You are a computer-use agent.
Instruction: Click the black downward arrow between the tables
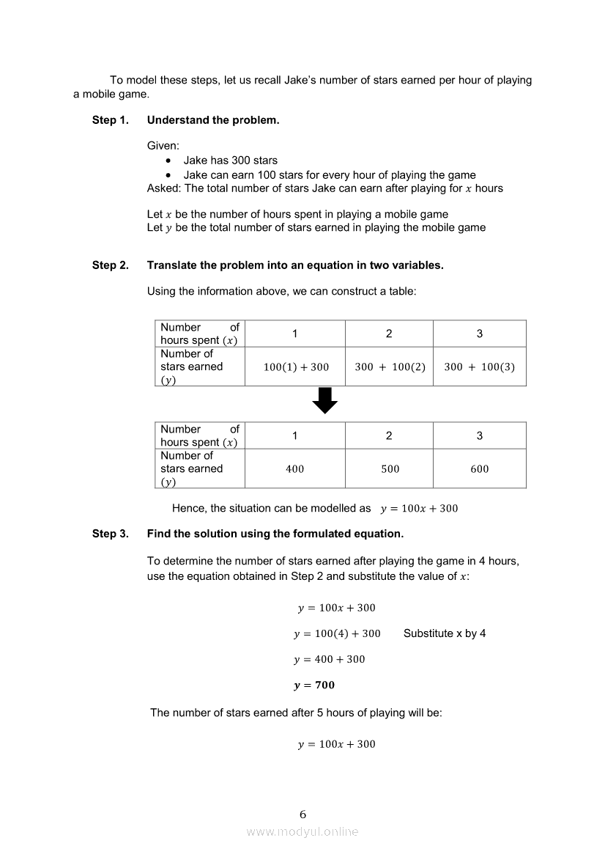(324, 400)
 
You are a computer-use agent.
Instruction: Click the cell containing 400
(294, 469)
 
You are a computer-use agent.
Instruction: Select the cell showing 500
(390, 469)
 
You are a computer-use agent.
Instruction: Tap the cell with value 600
(479, 469)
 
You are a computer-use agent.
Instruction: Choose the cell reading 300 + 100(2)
(390, 367)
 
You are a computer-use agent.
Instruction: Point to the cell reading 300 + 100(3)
(479, 367)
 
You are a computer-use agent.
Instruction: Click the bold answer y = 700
(314, 685)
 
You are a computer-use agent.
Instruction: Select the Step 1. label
(110, 120)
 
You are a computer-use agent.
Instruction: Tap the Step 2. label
(110, 265)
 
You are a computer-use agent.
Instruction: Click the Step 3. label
(110, 534)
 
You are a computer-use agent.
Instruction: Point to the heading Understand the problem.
(213, 120)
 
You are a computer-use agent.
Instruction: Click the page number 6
(302, 814)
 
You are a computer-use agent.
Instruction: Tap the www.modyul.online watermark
(302, 832)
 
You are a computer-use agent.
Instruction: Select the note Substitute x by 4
(445, 633)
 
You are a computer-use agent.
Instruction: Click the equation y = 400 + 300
(330, 659)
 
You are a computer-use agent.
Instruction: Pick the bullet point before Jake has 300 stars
(169, 161)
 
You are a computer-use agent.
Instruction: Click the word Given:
(163, 146)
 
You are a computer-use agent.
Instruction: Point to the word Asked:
(164, 188)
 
